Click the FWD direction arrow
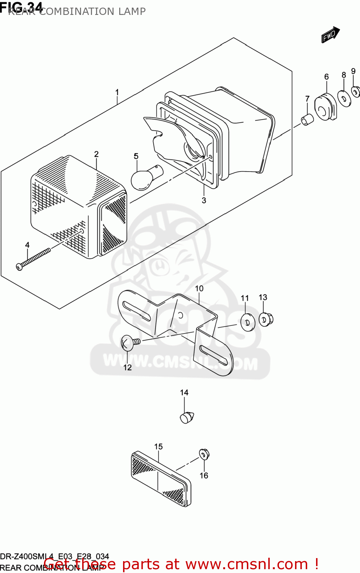coord(330,35)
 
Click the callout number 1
coord(117,92)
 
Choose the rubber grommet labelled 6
coord(325,107)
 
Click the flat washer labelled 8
coord(345,99)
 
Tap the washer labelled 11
coord(248,322)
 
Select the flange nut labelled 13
coord(266,319)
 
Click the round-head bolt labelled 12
coord(129,342)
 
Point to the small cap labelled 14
coord(186,417)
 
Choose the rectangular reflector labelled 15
coord(161,479)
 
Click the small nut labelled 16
coord(204,455)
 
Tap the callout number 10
coord(199,289)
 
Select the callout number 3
coord(204,201)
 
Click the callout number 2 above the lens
coord(96,154)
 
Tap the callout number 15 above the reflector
coord(158,447)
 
